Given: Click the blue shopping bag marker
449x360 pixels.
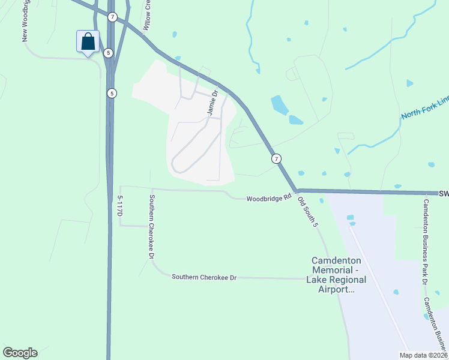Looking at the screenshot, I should [88, 42].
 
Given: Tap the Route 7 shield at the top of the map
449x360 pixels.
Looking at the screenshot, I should [112, 17].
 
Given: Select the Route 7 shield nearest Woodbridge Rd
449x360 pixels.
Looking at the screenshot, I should [276, 158].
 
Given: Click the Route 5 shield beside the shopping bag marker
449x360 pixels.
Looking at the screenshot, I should [108, 53].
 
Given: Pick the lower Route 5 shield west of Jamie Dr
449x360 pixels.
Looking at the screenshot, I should [112, 93].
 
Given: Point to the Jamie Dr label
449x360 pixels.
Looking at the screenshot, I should [211, 103].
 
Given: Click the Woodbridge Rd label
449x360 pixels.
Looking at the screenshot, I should [268, 197].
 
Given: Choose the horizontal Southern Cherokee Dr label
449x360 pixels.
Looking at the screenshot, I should [205, 277].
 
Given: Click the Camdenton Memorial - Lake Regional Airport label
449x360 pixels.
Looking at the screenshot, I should [336, 275].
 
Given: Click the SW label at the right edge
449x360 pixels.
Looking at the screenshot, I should [444, 194].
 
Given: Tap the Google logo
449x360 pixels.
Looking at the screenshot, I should [20, 353].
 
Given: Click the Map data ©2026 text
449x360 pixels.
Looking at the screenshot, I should [421, 355].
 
